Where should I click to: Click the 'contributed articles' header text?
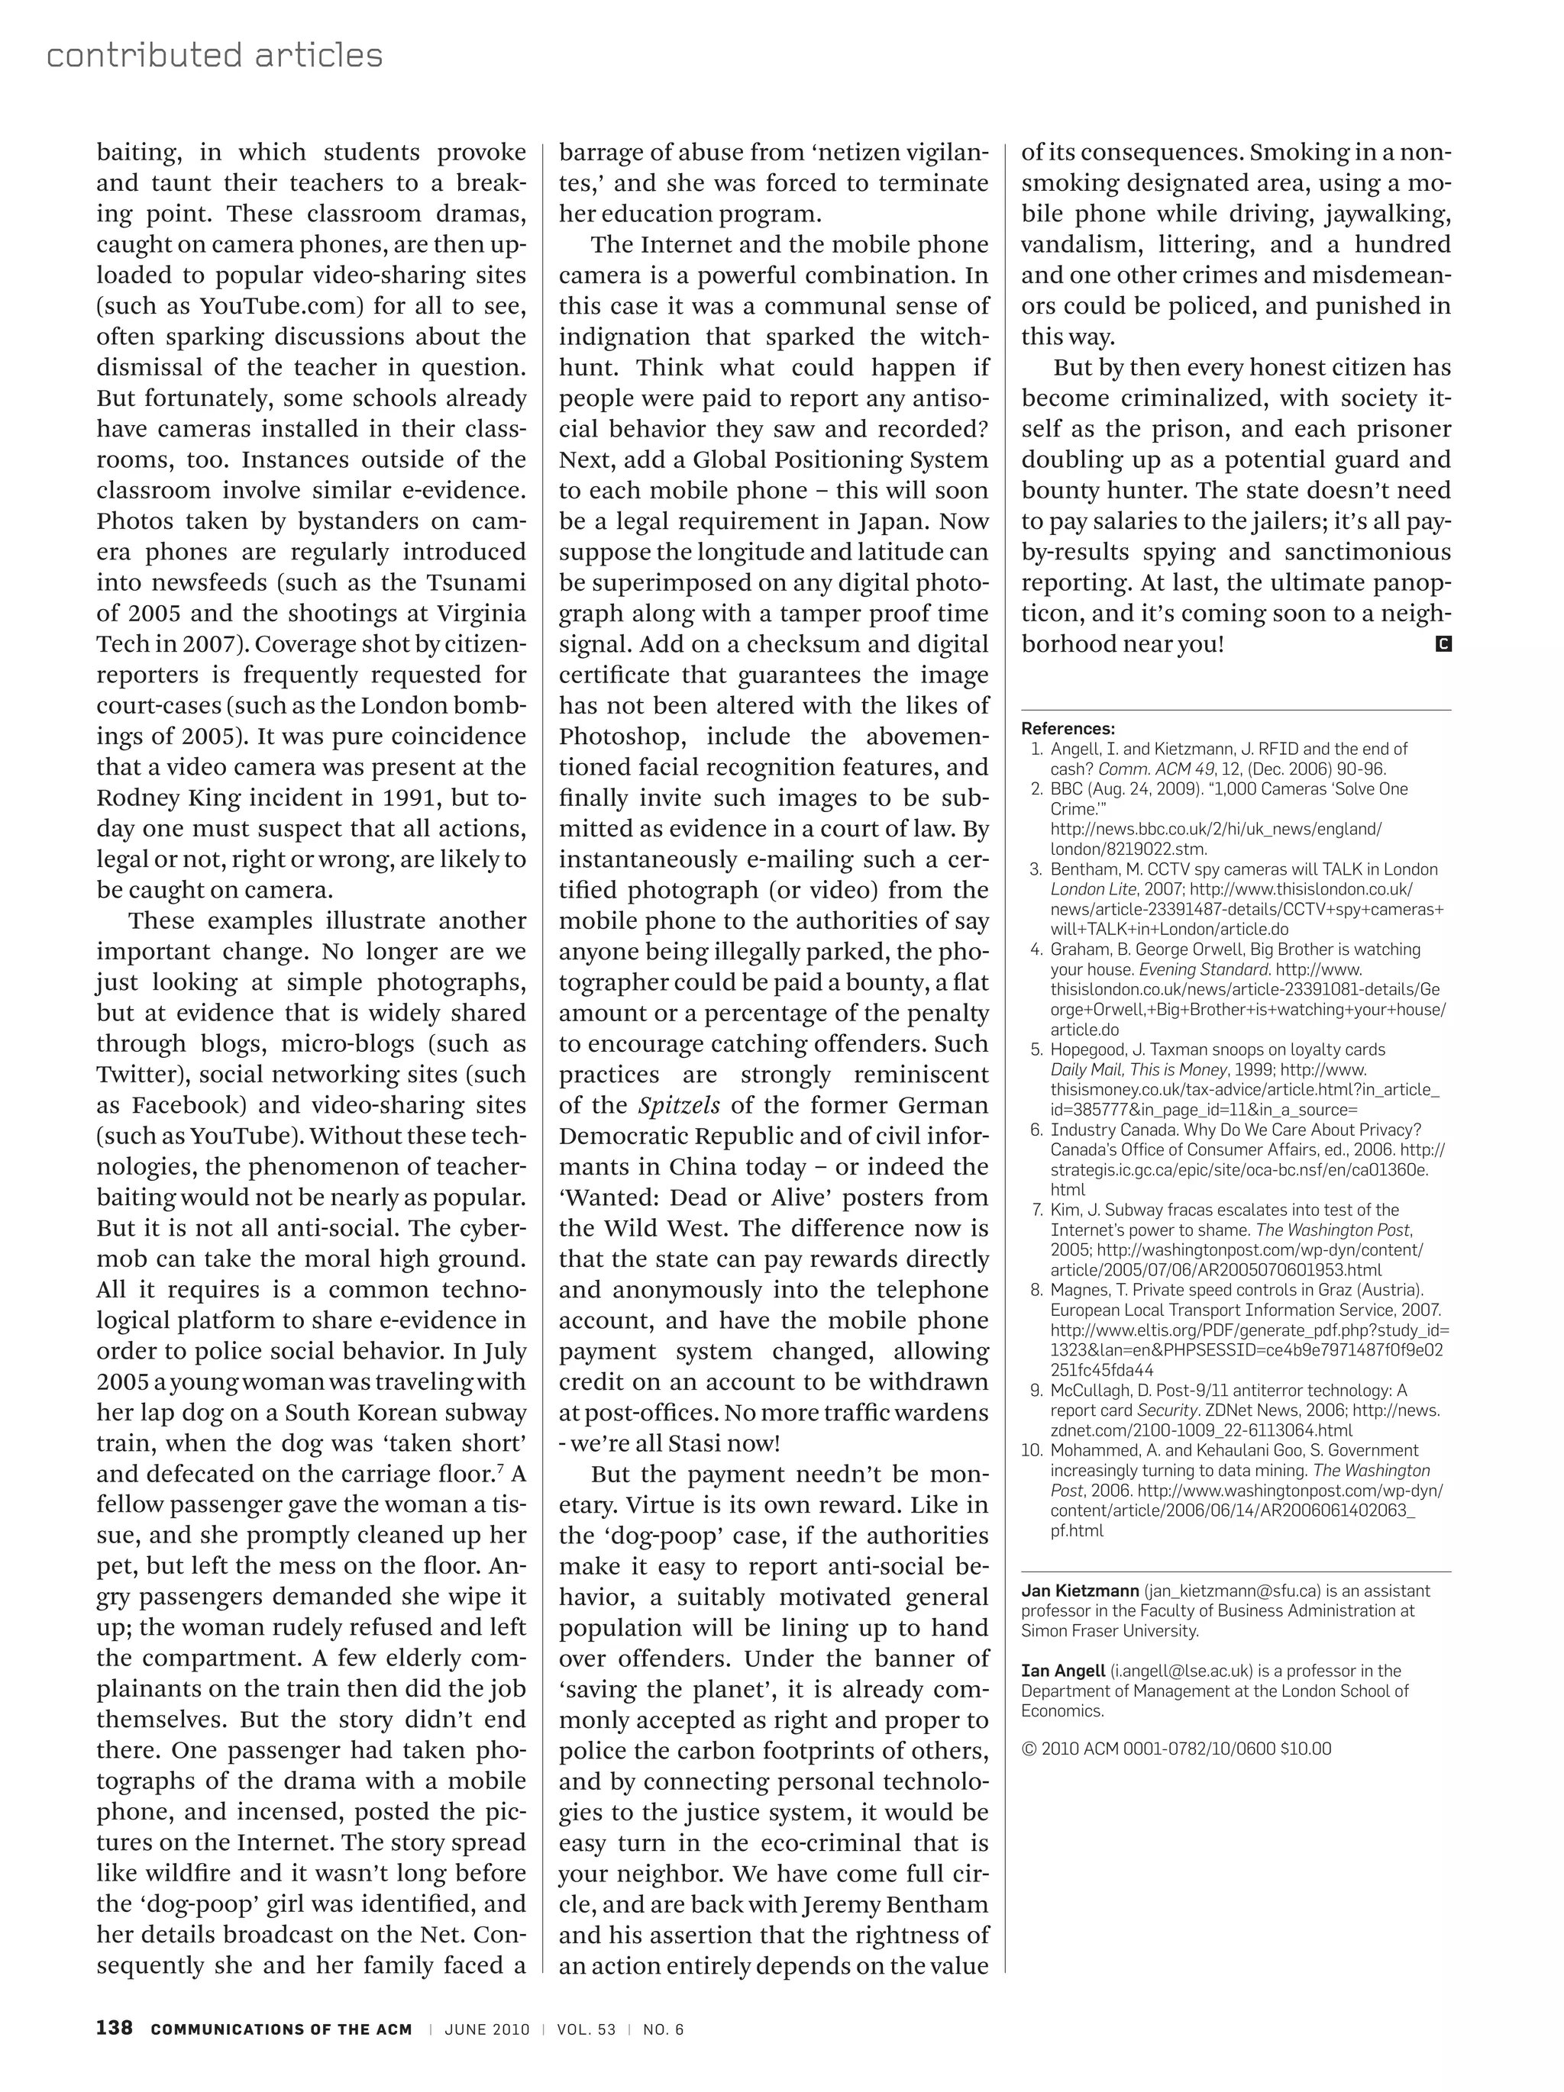(x=214, y=56)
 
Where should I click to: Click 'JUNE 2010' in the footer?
(x=487, y=2029)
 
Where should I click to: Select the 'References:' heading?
(x=1068, y=728)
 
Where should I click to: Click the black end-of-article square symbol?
(x=1443, y=644)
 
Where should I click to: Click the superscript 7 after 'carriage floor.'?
(x=499, y=1468)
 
